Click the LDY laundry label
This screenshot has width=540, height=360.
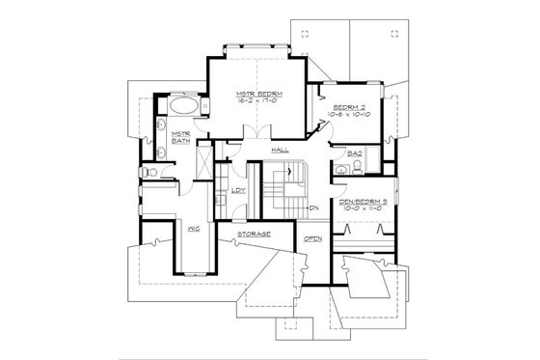(x=237, y=190)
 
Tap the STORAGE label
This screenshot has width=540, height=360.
(x=252, y=235)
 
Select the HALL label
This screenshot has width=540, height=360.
(x=282, y=151)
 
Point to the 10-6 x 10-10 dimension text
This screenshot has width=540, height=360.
(x=348, y=113)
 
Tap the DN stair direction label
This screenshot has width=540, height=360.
(x=314, y=208)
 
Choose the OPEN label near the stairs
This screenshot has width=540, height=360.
(x=312, y=236)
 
